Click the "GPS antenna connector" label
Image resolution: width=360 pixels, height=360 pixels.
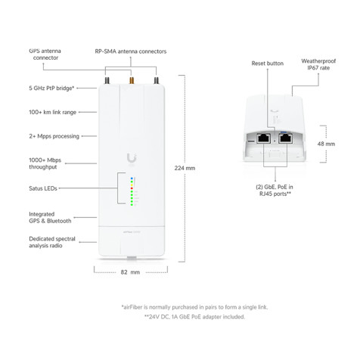(x=46, y=54)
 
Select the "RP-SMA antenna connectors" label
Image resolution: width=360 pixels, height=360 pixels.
(x=131, y=51)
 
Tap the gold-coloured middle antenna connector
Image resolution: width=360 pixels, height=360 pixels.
(x=130, y=79)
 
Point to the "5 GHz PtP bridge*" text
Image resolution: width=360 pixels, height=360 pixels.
(x=52, y=89)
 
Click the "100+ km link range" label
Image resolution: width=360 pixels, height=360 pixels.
(x=54, y=112)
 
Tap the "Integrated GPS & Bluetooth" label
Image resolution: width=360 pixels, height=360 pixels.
(x=50, y=217)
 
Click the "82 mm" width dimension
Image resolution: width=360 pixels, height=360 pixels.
(x=131, y=270)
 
